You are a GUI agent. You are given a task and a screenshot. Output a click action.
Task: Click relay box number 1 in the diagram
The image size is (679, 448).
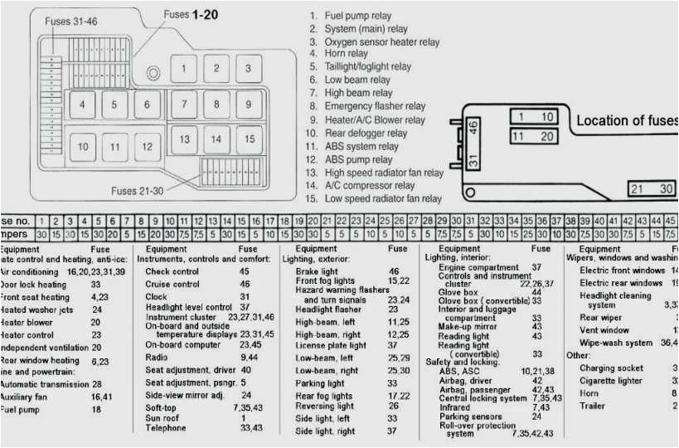coord(183,69)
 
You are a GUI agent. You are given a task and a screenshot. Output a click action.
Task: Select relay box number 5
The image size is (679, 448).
coord(114,105)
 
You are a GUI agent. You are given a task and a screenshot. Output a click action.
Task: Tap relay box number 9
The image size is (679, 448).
coord(248,105)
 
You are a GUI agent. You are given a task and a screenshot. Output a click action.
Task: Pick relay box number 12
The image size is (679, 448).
coord(147,147)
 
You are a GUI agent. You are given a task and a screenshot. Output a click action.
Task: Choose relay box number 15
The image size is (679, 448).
coord(249,139)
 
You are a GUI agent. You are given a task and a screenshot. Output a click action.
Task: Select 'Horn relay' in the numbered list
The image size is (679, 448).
coord(346,54)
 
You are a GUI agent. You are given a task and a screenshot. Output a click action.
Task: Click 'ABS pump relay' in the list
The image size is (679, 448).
coord(358,160)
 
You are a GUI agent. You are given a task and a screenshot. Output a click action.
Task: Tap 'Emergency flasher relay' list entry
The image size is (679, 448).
coord(375,106)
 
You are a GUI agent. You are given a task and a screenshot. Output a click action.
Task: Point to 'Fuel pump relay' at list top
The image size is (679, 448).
coord(357,16)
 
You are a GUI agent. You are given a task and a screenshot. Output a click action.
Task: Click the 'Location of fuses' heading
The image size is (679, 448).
coord(627,121)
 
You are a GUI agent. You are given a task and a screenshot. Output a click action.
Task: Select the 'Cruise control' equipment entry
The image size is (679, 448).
coord(172,285)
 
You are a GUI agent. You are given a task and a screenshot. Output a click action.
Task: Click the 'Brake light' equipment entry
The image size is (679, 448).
coord(317,272)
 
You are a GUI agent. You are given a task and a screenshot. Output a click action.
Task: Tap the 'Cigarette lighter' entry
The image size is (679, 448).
coord(610,381)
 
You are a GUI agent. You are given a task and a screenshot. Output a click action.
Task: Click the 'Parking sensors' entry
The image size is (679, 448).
coord(470,416)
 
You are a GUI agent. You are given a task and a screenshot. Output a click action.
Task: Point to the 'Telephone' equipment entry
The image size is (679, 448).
coord(166,428)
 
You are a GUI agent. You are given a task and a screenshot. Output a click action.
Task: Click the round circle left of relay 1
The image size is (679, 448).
coord(153,73)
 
